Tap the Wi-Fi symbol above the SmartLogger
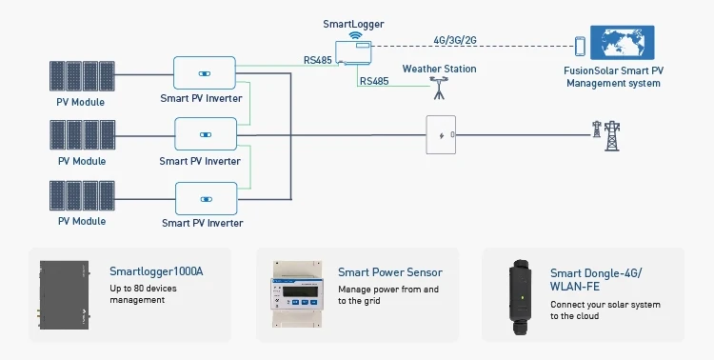(x=356, y=34)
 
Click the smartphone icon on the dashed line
(x=579, y=47)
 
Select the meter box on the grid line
(x=440, y=135)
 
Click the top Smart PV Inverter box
(x=204, y=72)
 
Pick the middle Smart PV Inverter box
(x=204, y=134)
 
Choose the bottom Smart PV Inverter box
(x=204, y=197)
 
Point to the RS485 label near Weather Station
(x=374, y=82)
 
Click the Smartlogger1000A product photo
(x=65, y=294)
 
